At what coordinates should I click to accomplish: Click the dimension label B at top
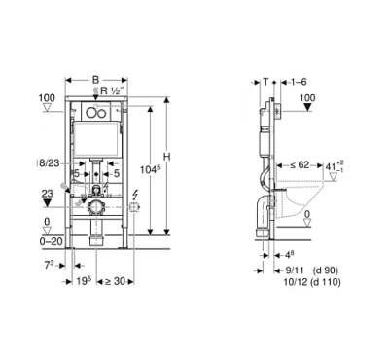click(x=95, y=80)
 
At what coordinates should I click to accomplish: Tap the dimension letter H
click(x=166, y=157)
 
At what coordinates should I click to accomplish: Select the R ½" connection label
click(x=113, y=90)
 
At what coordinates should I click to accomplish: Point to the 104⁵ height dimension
click(x=150, y=169)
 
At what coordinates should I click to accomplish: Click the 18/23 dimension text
click(x=49, y=163)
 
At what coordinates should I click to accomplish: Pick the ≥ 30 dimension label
click(x=115, y=281)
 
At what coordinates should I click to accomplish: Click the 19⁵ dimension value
click(x=84, y=281)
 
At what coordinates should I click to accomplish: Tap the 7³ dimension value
click(x=49, y=266)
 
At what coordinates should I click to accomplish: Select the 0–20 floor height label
click(x=51, y=241)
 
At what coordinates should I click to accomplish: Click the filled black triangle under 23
click(x=48, y=203)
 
